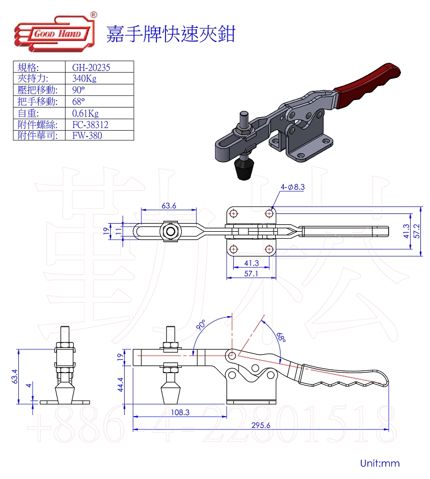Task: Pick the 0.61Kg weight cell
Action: click(x=85, y=113)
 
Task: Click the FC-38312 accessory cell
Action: click(x=91, y=124)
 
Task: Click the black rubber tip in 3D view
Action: click(x=245, y=170)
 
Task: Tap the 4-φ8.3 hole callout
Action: click(x=292, y=187)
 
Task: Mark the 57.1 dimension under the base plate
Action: click(x=251, y=274)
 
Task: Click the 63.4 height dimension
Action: click(x=15, y=376)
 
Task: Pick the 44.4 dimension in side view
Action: click(x=120, y=384)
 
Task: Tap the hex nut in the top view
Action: click(x=171, y=232)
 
